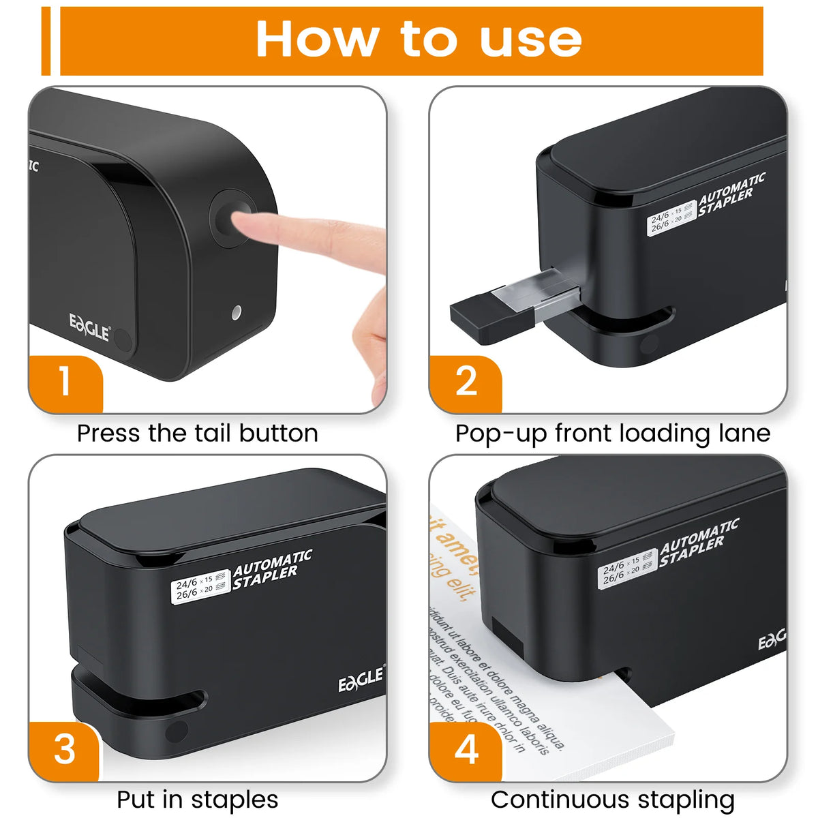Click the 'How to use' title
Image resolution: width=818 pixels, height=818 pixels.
419,40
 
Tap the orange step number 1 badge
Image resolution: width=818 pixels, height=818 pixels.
65,382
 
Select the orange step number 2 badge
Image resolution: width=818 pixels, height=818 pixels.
466,382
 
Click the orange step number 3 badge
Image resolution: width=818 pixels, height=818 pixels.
65,750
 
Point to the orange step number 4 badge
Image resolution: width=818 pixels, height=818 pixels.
466,750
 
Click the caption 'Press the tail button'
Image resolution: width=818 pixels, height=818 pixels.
197,434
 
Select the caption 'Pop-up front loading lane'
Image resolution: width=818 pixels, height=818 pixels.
612,434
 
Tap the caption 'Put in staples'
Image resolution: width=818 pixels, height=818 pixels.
197,800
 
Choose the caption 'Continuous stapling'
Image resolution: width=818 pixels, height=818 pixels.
612,800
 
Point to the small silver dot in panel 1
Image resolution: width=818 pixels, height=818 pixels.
237,313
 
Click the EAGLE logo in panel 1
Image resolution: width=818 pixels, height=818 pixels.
89,327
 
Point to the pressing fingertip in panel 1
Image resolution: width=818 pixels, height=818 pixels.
249,225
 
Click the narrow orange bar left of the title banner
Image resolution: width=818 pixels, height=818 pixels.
46,41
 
